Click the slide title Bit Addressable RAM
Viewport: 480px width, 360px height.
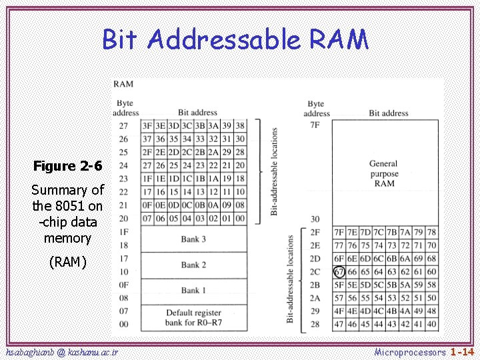[235, 40]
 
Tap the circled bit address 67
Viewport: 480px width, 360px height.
[339, 271]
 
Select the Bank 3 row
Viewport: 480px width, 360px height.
[193, 239]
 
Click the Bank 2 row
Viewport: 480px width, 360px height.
[193, 265]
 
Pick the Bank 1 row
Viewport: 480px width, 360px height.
[193, 290]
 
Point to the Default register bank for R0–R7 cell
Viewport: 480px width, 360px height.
[193, 317]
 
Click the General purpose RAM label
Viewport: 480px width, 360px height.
[384, 173]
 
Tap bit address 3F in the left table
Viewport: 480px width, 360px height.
[147, 126]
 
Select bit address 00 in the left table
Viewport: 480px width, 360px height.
[239, 218]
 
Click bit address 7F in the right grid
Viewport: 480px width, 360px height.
[339, 233]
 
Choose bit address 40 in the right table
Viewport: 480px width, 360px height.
[432, 324]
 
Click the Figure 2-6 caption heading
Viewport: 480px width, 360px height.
[68, 165]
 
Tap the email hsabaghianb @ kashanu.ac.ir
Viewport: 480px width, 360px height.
[61, 351]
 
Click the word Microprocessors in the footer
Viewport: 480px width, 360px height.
[409, 351]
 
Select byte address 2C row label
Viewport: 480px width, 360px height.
[315, 271]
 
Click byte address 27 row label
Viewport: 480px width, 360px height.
[123, 126]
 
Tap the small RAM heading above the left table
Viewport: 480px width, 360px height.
[123, 84]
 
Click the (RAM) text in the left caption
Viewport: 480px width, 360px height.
[68, 262]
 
